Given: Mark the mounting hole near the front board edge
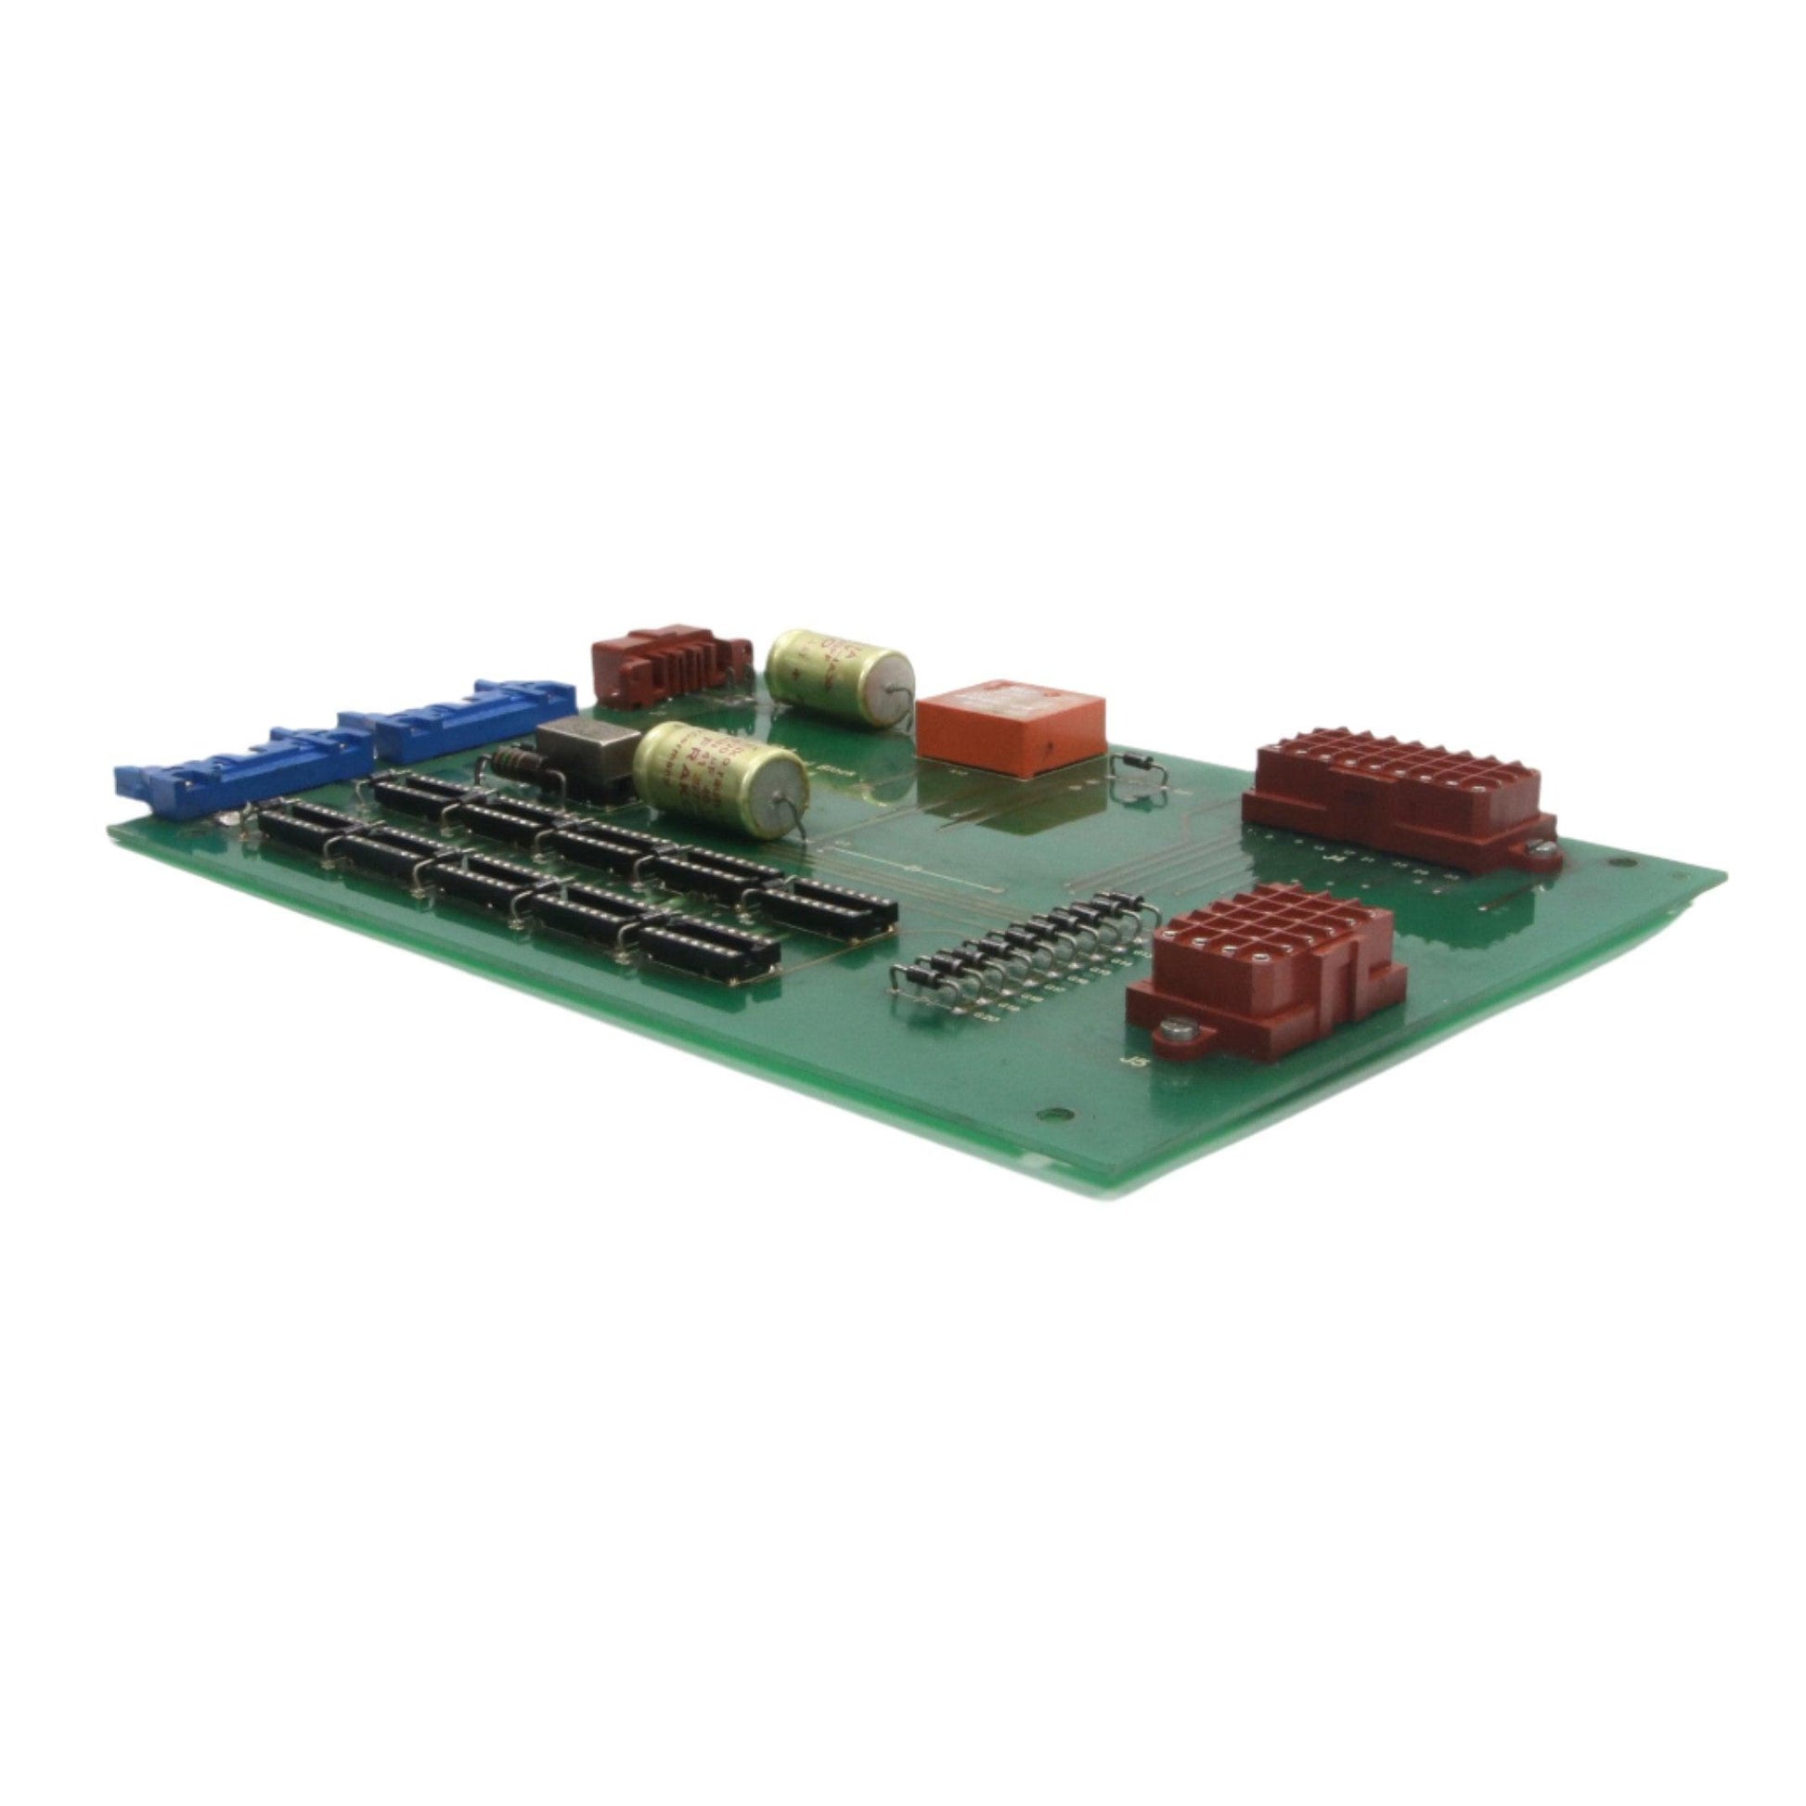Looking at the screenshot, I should click(1054, 1114).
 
